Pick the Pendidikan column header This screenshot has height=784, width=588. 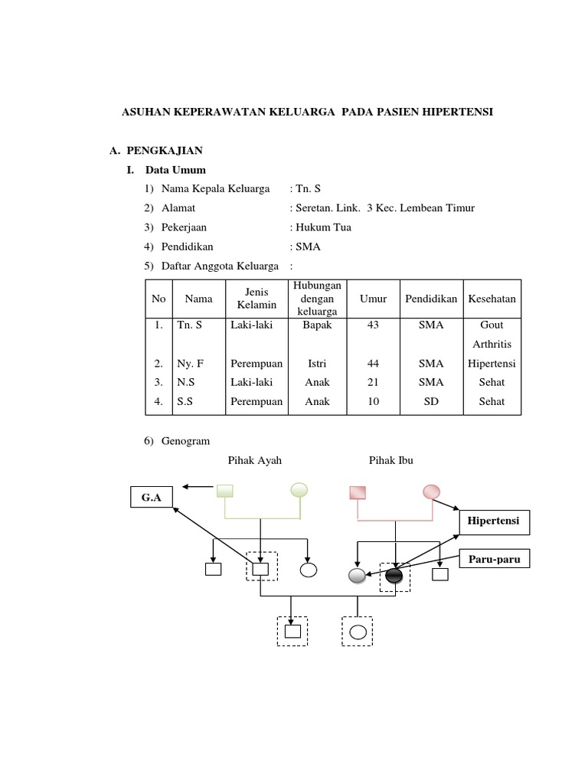pyautogui.click(x=431, y=299)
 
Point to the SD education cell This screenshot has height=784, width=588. pyautogui.click(x=431, y=401)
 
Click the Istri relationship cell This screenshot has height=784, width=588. pyautogui.click(x=317, y=363)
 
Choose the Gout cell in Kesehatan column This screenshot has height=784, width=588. pyautogui.click(x=492, y=325)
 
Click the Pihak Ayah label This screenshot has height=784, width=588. pyautogui.click(x=254, y=460)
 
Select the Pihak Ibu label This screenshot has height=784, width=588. pyautogui.click(x=390, y=460)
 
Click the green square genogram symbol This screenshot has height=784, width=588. pyautogui.click(x=224, y=491)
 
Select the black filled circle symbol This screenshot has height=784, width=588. pyautogui.click(x=394, y=576)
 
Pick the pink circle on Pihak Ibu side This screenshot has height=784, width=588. pyautogui.click(x=432, y=491)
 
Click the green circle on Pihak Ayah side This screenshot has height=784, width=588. pyautogui.click(x=299, y=491)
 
